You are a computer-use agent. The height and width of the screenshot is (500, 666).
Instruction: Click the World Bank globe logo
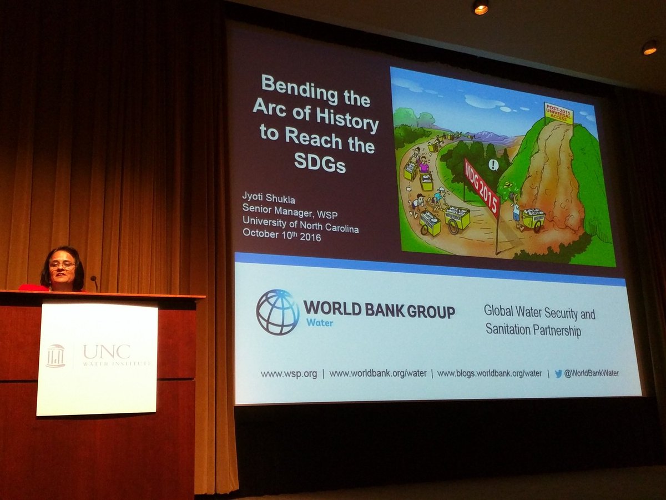click(277, 312)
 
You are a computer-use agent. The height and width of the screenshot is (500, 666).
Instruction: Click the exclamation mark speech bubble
click(494, 164)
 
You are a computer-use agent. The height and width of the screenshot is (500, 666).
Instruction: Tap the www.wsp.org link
click(289, 374)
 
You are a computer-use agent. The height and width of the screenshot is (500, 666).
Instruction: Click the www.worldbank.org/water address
click(377, 373)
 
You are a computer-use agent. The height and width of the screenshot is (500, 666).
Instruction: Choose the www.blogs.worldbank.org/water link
click(489, 373)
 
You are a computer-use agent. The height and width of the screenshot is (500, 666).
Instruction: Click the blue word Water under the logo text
click(318, 323)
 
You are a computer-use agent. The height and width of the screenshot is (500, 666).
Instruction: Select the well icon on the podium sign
click(56, 356)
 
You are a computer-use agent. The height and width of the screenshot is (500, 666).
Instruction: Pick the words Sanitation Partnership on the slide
click(533, 331)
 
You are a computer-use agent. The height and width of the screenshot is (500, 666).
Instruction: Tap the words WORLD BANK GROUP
click(379, 311)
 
